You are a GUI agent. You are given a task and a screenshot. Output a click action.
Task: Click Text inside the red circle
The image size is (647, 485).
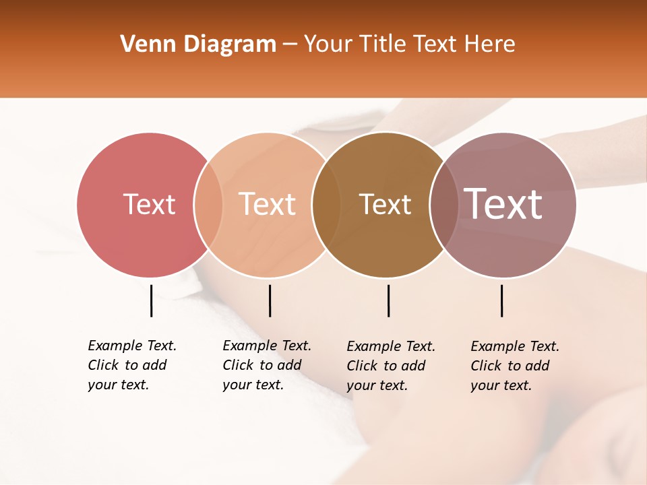(x=149, y=204)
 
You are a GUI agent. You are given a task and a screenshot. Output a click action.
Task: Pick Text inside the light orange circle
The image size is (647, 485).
(x=267, y=204)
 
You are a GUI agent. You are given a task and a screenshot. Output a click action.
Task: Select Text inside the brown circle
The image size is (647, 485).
(x=385, y=204)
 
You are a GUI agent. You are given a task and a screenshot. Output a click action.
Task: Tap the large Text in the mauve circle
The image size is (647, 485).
(x=503, y=204)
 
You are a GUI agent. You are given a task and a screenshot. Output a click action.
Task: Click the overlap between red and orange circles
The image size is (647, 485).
(x=208, y=204)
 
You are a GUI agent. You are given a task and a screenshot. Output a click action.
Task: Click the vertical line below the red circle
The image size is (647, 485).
(x=151, y=300)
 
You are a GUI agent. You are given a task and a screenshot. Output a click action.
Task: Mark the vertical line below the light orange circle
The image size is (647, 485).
(x=270, y=300)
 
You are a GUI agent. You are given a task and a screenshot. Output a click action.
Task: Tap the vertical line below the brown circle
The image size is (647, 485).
(x=388, y=300)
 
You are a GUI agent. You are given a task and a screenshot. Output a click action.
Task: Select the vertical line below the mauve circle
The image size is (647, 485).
(x=501, y=300)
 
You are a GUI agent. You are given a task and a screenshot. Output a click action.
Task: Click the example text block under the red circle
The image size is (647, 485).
(x=132, y=365)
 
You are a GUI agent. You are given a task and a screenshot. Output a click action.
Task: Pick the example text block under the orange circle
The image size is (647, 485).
(x=267, y=365)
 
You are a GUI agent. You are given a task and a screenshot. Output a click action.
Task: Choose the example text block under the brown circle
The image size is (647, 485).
(x=391, y=366)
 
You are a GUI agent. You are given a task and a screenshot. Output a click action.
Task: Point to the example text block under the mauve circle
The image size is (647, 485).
(x=515, y=366)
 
